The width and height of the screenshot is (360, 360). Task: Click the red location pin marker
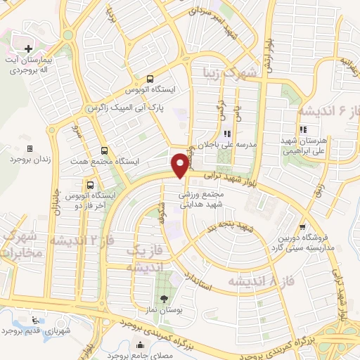point(181,165)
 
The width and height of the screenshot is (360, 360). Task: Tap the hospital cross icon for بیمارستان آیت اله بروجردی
point(28,49)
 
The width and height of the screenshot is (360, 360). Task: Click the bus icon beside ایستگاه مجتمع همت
point(105,150)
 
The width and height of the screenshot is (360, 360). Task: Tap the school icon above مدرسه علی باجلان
point(226,133)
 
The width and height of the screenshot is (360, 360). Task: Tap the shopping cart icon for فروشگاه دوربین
point(302,227)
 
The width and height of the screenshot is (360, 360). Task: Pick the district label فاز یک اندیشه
point(146,258)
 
